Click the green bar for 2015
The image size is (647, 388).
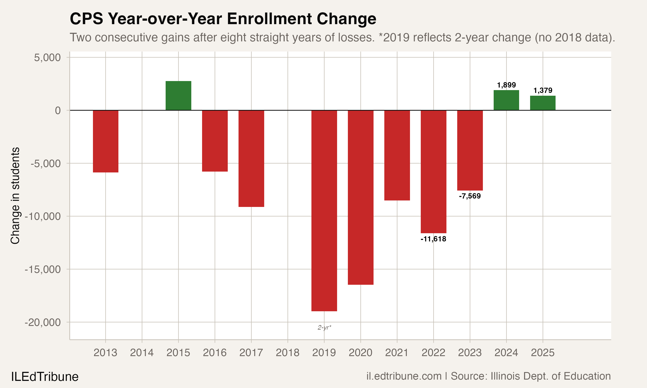pyautogui.click(x=178, y=96)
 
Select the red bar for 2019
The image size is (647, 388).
pyautogui.click(x=324, y=210)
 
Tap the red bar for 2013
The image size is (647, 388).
pyautogui.click(x=106, y=141)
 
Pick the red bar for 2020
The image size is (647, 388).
pyautogui.click(x=360, y=197)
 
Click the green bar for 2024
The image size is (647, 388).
pyautogui.click(x=506, y=100)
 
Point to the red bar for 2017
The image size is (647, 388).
pyautogui.click(x=251, y=158)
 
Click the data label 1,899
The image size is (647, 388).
pyautogui.click(x=506, y=85)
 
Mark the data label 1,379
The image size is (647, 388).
pyautogui.click(x=543, y=91)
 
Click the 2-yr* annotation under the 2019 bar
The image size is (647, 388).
pyautogui.click(x=324, y=327)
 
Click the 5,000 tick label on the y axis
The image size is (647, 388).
pyautogui.click(x=47, y=58)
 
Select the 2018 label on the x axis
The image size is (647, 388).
pyautogui.click(x=287, y=353)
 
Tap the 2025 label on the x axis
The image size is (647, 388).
pyautogui.click(x=543, y=353)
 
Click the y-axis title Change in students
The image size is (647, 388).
pyautogui.click(x=15, y=196)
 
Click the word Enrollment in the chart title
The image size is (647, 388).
pyautogui.click(x=269, y=19)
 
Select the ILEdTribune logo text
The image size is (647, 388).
pyautogui.click(x=45, y=377)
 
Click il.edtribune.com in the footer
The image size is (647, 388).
pyautogui.click(x=404, y=376)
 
